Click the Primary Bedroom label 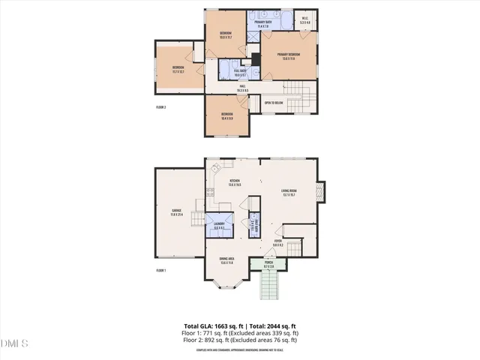pyautogui.click(x=289, y=55)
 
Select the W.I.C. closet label pyautogui.click(x=305, y=21)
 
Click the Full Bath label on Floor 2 pyautogui.click(x=241, y=73)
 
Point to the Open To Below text pyautogui.click(x=274, y=103)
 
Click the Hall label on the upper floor pyautogui.click(x=243, y=88)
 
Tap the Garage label pyautogui.click(x=177, y=212)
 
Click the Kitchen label pyautogui.click(x=234, y=182)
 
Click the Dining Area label pyautogui.click(x=226, y=259)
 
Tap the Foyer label pyautogui.click(x=277, y=243)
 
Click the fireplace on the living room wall pyautogui.click(x=321, y=193)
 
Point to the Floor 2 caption pyautogui.click(x=160, y=107)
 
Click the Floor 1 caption pyautogui.click(x=160, y=270)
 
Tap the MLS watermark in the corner pyautogui.click(x=15, y=344)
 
